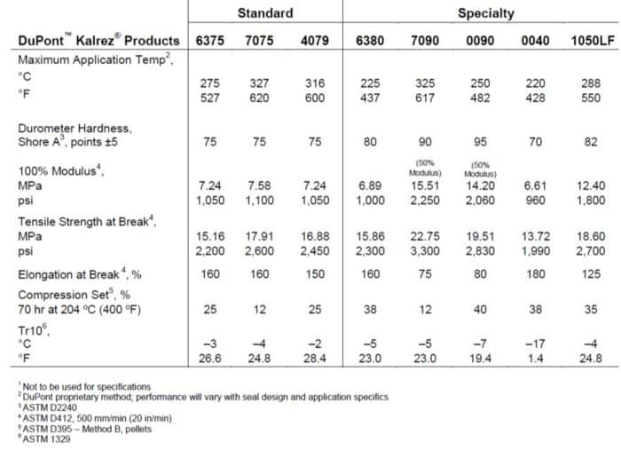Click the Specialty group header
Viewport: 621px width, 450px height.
(485, 13)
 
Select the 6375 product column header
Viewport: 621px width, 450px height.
(210, 41)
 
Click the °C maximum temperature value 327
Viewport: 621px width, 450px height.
(264, 83)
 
